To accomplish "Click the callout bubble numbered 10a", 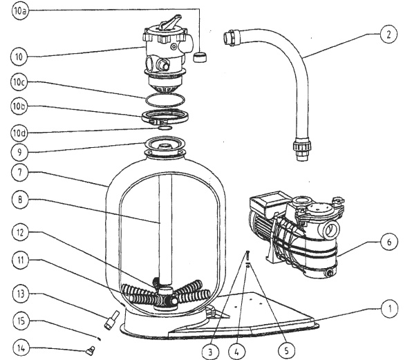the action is (x=20, y=11).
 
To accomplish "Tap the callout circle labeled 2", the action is (x=388, y=34).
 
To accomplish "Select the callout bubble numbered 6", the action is (x=389, y=242).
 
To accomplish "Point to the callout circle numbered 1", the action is (x=390, y=309).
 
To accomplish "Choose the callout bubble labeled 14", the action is (x=21, y=348).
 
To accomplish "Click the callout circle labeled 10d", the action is (x=19, y=133).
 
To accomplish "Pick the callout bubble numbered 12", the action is (x=21, y=232).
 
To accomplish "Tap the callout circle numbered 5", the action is (x=286, y=350).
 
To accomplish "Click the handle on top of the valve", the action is (x=170, y=21).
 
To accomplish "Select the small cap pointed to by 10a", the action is (x=200, y=57).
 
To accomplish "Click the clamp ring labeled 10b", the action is (x=165, y=116).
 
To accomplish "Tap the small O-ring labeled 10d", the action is (x=165, y=128).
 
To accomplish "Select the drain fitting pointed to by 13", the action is (x=111, y=319).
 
